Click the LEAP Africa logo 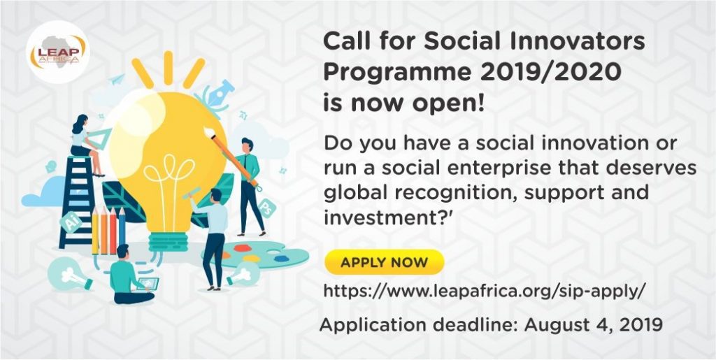coord(57,52)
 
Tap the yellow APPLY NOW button coord(384,262)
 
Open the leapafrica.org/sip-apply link coord(485,291)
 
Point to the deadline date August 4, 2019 coord(593,325)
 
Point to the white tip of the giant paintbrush coord(210,133)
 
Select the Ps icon coord(266,207)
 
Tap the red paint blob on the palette coord(243,248)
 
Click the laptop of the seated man coord(147,284)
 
